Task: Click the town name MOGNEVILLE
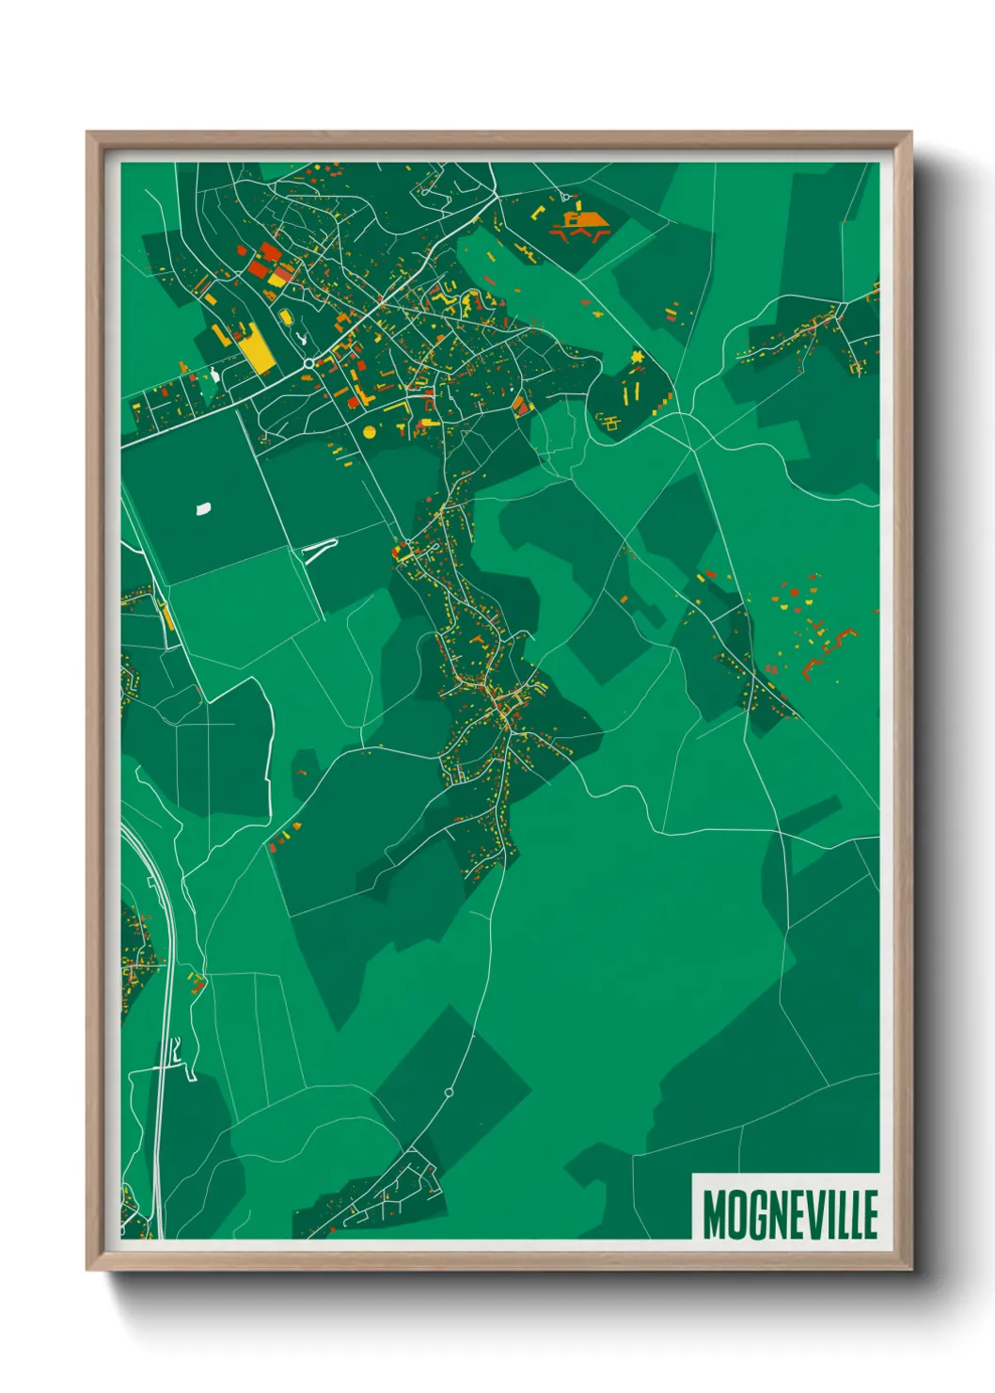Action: pyautogui.click(x=789, y=1213)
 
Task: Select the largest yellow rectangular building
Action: pyautogui.click(x=256, y=350)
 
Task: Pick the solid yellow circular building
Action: pyautogui.click(x=369, y=431)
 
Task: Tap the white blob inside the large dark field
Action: pyautogui.click(x=202, y=509)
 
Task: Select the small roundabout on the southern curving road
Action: pyautogui.click(x=449, y=1093)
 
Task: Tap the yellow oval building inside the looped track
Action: pyautogui.click(x=285, y=316)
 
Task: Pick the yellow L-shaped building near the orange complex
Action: pyautogui.click(x=539, y=212)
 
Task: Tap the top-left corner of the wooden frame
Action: pyautogui.click(x=87, y=133)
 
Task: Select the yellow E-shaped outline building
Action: pyautogui.click(x=611, y=421)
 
